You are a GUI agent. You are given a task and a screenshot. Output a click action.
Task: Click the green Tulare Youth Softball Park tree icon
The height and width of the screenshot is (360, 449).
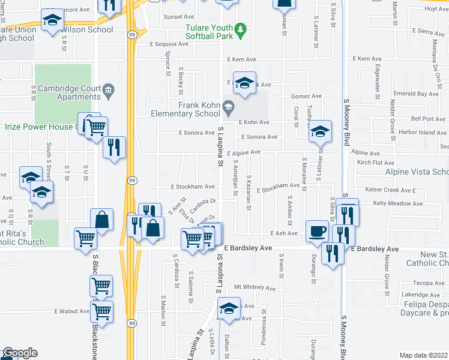coord(241,29)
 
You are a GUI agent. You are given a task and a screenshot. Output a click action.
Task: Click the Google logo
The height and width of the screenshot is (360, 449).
coord(19,353)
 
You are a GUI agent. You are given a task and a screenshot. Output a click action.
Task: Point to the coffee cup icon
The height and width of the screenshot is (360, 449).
coord(317,231)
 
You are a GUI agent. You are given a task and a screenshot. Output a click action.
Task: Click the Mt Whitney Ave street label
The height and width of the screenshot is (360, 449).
coord(255,288)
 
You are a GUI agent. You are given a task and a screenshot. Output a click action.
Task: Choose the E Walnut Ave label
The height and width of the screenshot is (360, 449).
coord(71,311)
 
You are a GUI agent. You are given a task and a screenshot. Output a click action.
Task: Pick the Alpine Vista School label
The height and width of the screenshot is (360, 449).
coord(417,172)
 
